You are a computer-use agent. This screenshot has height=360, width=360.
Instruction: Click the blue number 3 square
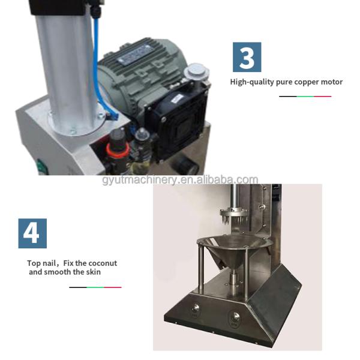tap(247, 57)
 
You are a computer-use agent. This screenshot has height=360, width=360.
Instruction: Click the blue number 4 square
tap(32, 233)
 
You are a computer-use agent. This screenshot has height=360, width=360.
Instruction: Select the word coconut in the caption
tap(103, 263)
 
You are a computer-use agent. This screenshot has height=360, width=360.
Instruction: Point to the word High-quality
tap(252, 82)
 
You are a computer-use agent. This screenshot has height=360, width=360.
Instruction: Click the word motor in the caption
tap(332, 82)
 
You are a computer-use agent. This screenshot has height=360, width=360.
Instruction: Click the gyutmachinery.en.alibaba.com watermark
tap(180, 180)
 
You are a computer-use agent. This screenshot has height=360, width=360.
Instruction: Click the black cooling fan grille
tap(177, 124)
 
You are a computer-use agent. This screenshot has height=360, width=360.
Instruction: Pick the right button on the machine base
tap(235, 317)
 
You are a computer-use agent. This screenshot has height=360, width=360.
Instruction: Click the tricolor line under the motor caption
tap(305, 97)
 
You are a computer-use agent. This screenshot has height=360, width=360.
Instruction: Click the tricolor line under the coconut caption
tap(95, 287)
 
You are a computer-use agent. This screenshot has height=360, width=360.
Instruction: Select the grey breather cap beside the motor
tap(196, 71)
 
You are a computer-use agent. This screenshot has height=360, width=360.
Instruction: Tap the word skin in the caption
tap(94, 272)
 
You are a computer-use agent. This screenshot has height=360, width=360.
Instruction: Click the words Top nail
tap(41, 263)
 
